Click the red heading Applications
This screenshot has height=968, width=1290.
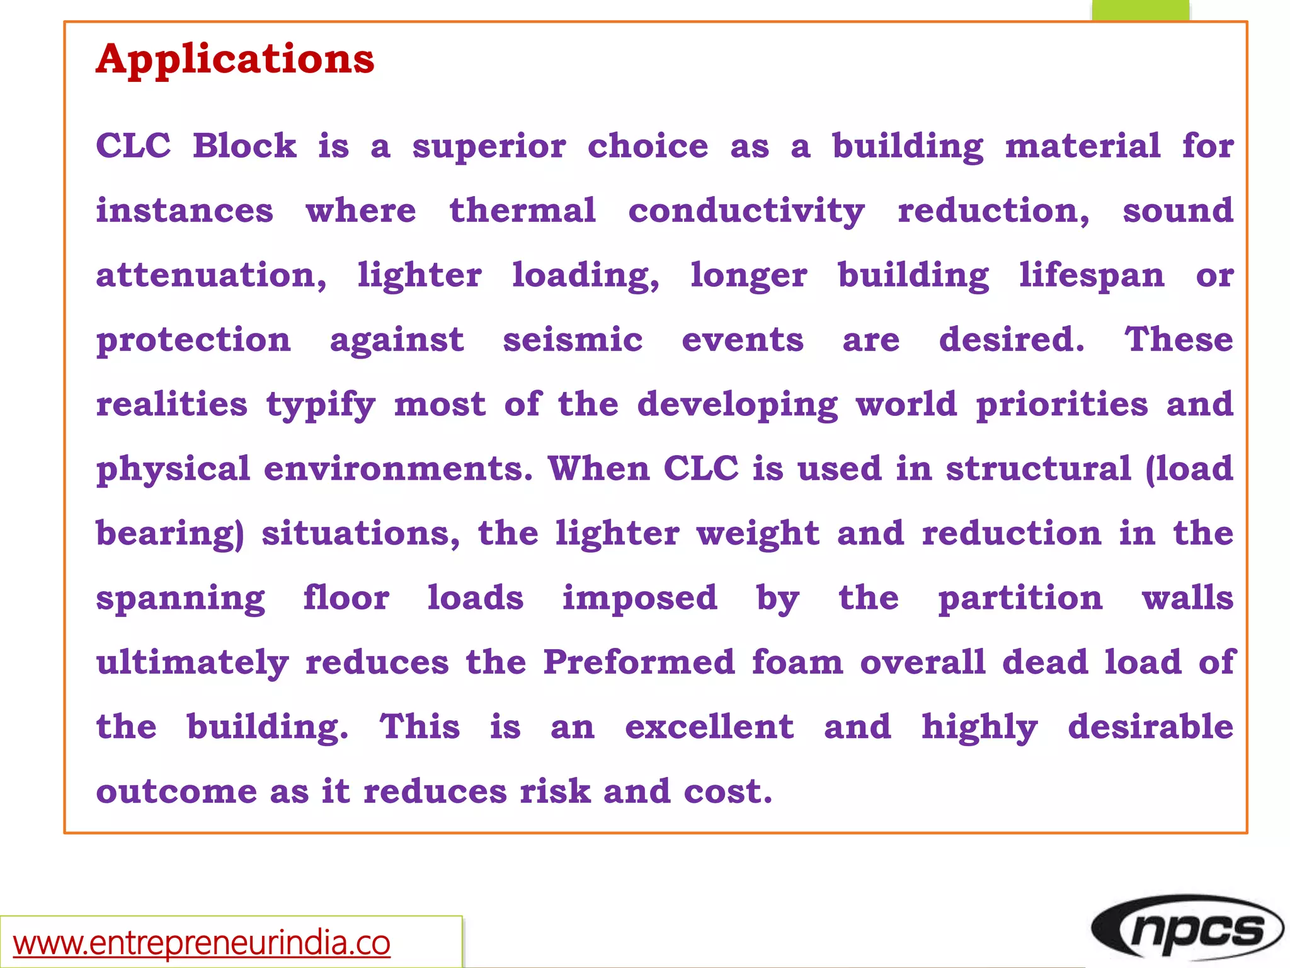[x=235, y=59]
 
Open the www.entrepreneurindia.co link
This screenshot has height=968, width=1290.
[x=202, y=943]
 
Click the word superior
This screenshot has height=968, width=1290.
[x=489, y=147]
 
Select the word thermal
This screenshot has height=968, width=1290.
[x=522, y=210]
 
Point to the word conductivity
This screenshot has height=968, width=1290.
[x=746, y=212]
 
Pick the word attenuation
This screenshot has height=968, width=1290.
[x=211, y=275]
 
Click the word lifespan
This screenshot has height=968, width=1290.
[x=1092, y=276]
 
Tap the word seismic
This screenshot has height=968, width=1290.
[x=573, y=340]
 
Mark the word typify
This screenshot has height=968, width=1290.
[x=321, y=405]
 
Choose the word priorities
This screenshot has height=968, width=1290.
[x=1062, y=404]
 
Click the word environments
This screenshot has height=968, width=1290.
[x=398, y=469]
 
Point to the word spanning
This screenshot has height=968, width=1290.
[x=181, y=599]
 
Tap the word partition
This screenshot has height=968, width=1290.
[x=1020, y=598]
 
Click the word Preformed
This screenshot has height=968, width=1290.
[x=639, y=662]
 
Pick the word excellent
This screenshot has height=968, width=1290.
[x=709, y=727]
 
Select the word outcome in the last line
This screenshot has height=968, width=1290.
[x=176, y=792]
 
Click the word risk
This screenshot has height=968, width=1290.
[x=555, y=792]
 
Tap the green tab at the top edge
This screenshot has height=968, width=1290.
[x=1140, y=10]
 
